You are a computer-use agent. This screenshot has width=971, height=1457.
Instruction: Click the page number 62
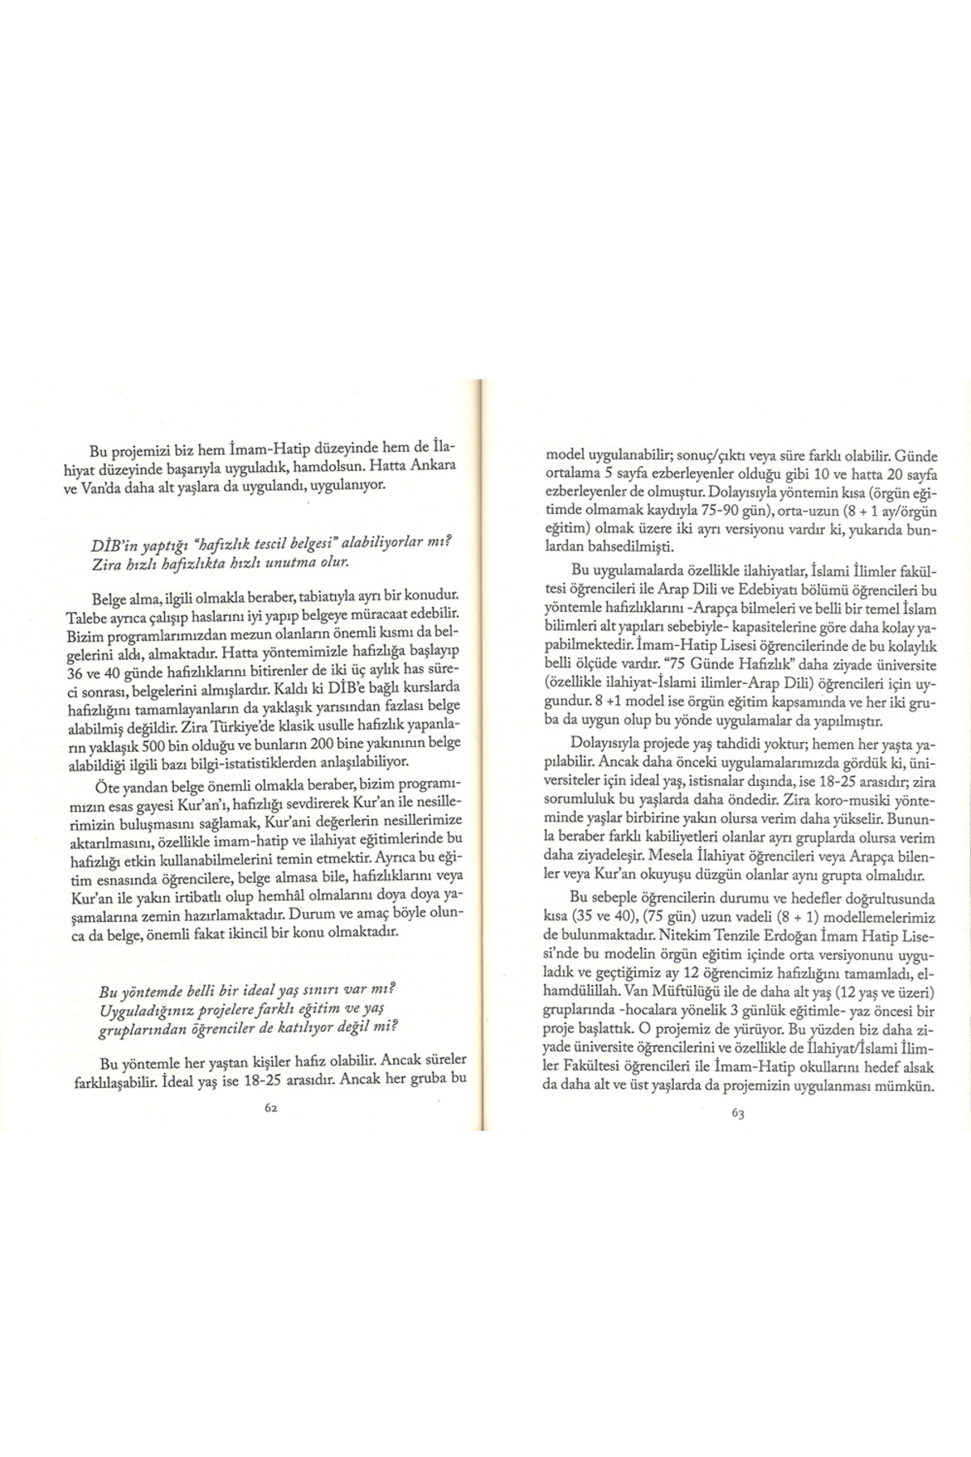point(271,1110)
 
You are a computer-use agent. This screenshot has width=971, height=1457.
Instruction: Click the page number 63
point(737,1113)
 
